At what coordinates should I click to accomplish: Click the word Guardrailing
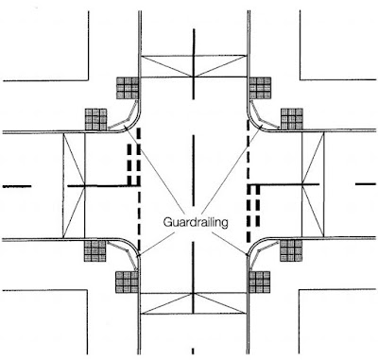tap(196, 222)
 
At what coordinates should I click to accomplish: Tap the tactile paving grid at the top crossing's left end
tap(128, 88)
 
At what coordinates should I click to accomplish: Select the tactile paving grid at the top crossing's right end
tap(260, 88)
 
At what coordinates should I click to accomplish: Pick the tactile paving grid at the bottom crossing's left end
tap(127, 283)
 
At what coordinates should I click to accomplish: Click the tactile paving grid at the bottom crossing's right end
tap(260, 283)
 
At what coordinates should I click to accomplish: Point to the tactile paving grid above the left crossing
tap(96, 119)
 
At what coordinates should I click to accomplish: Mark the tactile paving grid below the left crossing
tap(94, 251)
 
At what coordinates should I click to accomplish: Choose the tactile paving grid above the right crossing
tap(292, 119)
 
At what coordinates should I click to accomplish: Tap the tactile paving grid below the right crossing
tap(291, 250)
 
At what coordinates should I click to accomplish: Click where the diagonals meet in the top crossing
tap(194, 77)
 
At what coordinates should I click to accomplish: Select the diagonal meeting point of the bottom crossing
tap(193, 294)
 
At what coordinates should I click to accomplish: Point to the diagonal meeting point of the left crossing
tap(85, 186)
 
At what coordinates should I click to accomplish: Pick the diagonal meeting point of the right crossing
tap(302, 184)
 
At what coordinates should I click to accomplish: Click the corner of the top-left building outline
tap(88, 80)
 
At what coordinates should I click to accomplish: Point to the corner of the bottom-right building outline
tap(299, 290)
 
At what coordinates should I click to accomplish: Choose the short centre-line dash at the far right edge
tap(366, 183)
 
